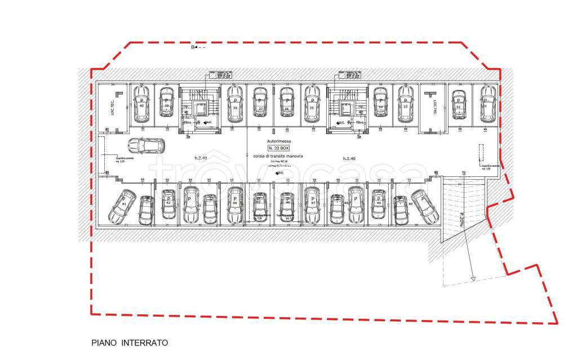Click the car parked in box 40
click(141, 104)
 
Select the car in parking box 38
click(234, 104)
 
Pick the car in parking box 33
click(405, 104)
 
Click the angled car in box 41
click(122, 207)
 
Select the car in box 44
click(234, 206)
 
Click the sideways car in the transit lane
click(145, 146)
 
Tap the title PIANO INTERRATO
click(130, 343)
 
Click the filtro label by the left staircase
click(188, 121)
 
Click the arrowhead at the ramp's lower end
click(474, 278)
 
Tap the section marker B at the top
click(193, 47)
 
